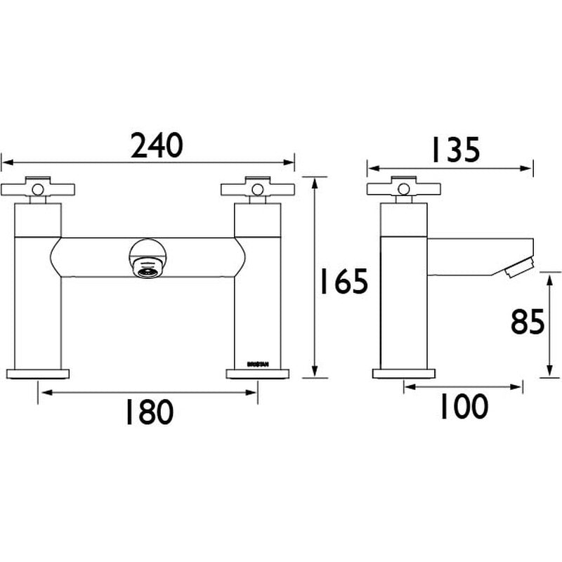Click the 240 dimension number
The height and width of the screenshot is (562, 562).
(x=157, y=145)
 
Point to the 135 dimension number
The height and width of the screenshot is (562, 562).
(x=450, y=149)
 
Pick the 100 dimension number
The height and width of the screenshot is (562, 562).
(x=463, y=407)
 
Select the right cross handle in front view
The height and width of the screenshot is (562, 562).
(x=257, y=189)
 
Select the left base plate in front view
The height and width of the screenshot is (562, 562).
(x=39, y=374)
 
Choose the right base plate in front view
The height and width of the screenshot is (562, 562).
(x=257, y=374)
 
